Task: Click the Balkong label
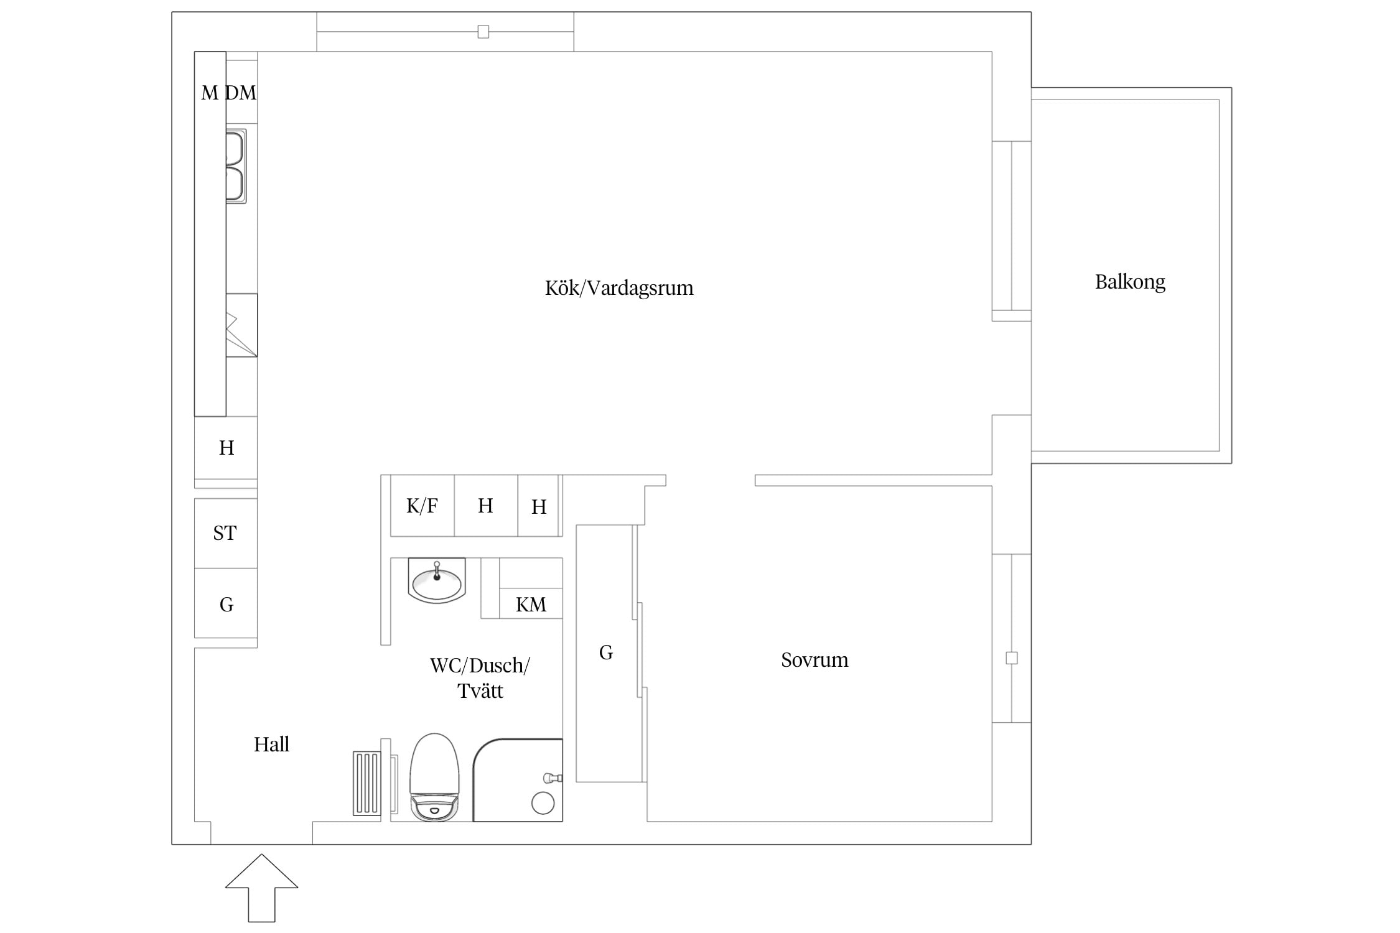click(x=1130, y=282)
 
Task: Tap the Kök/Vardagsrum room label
click(x=619, y=287)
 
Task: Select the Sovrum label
click(x=814, y=660)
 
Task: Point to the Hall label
click(x=271, y=745)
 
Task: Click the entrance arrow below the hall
click(x=261, y=888)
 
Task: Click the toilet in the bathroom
click(x=434, y=777)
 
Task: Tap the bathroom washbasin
click(x=437, y=580)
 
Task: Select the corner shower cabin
click(x=518, y=780)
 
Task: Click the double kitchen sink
click(x=236, y=166)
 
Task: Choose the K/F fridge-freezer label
click(x=422, y=506)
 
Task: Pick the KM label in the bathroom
click(x=531, y=605)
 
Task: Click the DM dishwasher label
click(x=241, y=93)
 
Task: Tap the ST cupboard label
click(x=225, y=533)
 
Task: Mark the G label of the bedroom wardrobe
click(x=606, y=652)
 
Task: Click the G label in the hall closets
click(x=226, y=605)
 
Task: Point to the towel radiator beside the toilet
click(x=366, y=783)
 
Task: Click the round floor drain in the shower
click(x=543, y=803)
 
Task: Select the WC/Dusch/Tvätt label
click(x=480, y=678)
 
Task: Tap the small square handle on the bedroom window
click(x=1012, y=658)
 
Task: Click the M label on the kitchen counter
click(x=210, y=93)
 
